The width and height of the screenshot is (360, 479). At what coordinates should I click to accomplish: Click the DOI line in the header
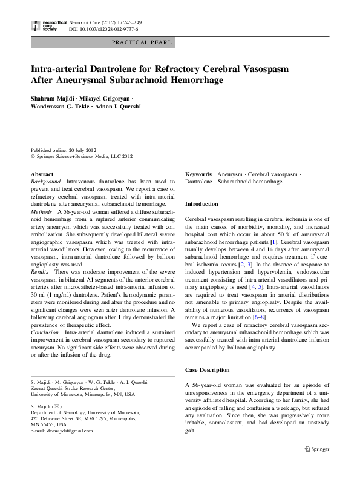103,28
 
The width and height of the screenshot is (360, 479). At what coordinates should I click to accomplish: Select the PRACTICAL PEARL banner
142,42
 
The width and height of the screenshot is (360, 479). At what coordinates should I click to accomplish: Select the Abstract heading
42,174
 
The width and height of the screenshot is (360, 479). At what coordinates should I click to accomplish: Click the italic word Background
46,182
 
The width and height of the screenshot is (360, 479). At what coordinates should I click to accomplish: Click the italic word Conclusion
45,332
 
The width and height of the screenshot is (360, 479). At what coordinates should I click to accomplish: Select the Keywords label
198,174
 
